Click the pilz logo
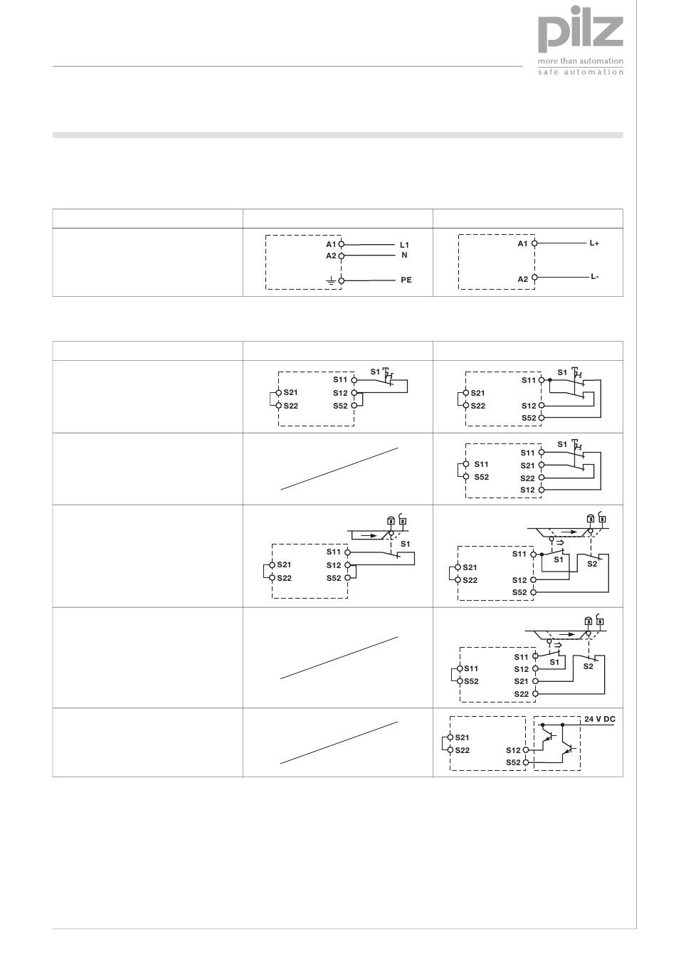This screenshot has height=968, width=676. (x=580, y=33)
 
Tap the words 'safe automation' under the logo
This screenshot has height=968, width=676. (x=581, y=72)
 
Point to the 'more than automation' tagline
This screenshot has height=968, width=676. (x=581, y=61)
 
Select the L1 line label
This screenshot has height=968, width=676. (x=404, y=245)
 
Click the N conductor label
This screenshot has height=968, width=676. (x=404, y=255)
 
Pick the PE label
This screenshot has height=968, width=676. (x=406, y=280)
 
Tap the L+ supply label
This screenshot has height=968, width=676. (x=594, y=243)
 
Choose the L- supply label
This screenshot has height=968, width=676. (x=594, y=277)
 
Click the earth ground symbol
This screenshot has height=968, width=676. (x=330, y=281)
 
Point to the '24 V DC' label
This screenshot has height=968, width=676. (x=600, y=720)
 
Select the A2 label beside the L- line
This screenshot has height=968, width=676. (x=523, y=279)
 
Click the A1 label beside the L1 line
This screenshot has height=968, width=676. (x=331, y=244)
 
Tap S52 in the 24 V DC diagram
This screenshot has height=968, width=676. (x=513, y=762)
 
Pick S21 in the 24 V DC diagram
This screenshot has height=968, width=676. (x=462, y=737)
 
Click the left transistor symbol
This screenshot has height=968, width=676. (x=548, y=740)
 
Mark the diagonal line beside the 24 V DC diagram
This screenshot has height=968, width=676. (x=339, y=742)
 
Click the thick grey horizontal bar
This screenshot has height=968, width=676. (x=337, y=135)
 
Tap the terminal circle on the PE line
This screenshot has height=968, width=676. (x=342, y=281)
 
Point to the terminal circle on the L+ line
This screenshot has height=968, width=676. (x=534, y=243)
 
